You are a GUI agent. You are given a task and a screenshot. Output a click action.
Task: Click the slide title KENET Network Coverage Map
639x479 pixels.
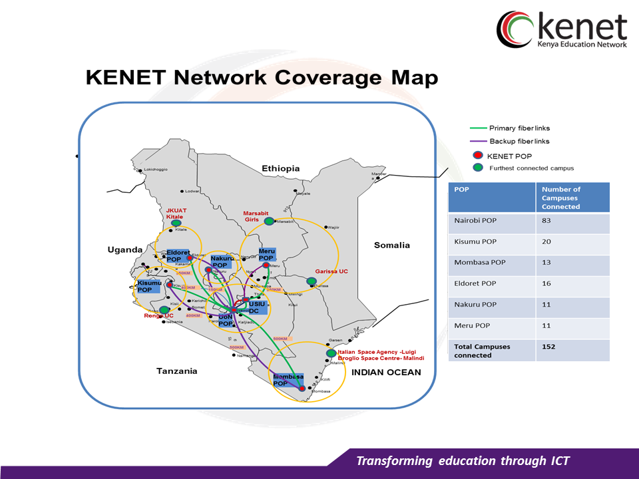(262, 78)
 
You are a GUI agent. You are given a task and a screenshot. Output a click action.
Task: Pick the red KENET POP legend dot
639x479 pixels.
(478, 155)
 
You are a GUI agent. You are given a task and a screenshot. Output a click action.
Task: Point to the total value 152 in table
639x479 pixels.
(548, 347)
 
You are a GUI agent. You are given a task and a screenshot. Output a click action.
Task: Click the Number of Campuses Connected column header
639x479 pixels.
(562, 198)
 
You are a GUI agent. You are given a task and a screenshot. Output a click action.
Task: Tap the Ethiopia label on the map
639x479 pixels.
(281, 168)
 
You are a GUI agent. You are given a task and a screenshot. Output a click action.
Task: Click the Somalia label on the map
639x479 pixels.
(392, 245)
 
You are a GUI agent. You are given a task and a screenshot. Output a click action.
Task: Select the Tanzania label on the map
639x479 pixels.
(176, 371)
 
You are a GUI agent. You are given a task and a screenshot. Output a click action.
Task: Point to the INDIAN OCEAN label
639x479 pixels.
(386, 372)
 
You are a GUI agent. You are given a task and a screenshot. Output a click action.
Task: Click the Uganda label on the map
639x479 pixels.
(125, 249)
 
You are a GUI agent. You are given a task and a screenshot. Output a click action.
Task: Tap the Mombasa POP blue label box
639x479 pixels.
(289, 380)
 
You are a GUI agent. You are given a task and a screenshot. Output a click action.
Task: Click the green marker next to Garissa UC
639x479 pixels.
(311, 281)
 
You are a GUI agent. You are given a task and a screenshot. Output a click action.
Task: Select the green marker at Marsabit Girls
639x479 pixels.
(269, 221)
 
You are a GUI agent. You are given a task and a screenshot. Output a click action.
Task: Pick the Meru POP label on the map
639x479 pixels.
(267, 254)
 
